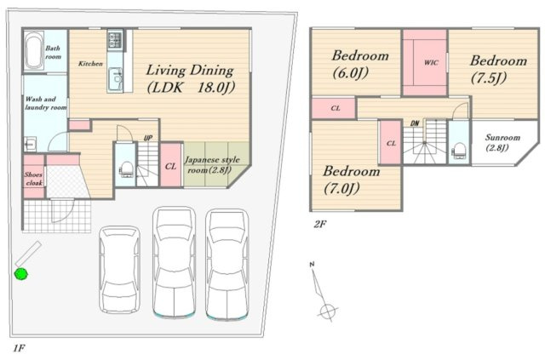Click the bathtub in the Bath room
(x=34, y=51)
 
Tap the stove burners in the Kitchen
(x=115, y=39)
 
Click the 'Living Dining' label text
(x=189, y=71)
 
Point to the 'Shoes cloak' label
(x=34, y=179)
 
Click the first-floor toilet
(x=126, y=169)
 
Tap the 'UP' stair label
(x=148, y=138)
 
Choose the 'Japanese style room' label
(x=212, y=165)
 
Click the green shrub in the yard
(x=21, y=273)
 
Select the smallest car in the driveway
(x=119, y=269)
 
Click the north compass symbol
(x=323, y=292)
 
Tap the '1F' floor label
(x=20, y=348)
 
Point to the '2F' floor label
(x=320, y=224)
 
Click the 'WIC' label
(x=431, y=63)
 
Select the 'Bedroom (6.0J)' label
(x=360, y=65)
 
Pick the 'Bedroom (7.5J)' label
(x=498, y=70)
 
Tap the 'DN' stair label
(x=415, y=123)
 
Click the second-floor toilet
(x=458, y=151)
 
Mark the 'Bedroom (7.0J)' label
(x=352, y=180)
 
